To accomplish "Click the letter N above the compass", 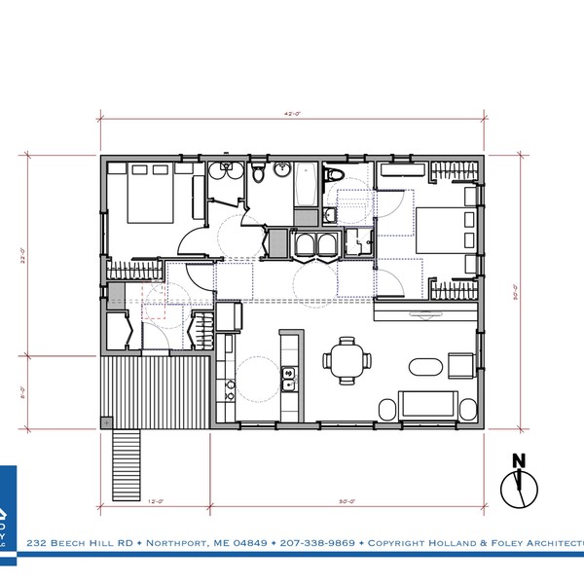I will (x=519, y=461).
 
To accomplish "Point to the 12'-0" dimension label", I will (x=154, y=502).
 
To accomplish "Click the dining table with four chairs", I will (x=346, y=360).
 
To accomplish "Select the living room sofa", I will (x=427, y=404).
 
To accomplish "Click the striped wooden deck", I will (x=156, y=389).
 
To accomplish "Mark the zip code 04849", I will (x=237, y=542).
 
